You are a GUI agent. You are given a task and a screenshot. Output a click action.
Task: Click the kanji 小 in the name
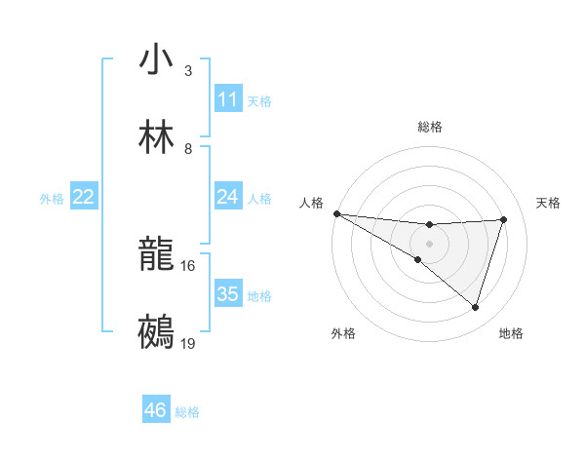[156, 60]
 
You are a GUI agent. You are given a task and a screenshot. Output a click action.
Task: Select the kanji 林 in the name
[156, 138]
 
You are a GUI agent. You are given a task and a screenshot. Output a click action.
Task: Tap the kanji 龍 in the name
[156, 256]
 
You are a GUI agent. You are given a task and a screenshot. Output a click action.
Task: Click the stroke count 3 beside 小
[188, 71]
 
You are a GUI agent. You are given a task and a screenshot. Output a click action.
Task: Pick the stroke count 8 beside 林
[188, 149]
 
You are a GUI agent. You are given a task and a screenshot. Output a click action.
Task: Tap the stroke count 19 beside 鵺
[188, 344]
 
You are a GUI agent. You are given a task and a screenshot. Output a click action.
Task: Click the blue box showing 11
[228, 99]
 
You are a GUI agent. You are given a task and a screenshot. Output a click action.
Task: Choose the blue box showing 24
[228, 197]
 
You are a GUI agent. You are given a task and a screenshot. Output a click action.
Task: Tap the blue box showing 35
[228, 294]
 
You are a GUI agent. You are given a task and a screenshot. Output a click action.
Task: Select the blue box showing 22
[84, 197]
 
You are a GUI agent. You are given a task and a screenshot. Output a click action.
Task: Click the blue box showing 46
[156, 410]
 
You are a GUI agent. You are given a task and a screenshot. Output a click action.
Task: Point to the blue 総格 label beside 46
[187, 412]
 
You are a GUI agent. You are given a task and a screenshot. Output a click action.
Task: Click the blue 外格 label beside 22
[52, 199]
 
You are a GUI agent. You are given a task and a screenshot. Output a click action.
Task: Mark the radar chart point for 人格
[336, 213]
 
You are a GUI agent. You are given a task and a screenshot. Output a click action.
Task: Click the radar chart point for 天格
[503, 219]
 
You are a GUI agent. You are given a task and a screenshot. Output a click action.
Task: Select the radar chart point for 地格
[475, 307]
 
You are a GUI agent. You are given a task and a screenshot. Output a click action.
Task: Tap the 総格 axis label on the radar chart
[430, 127]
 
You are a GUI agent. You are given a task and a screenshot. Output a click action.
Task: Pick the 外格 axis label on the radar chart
[343, 333]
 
